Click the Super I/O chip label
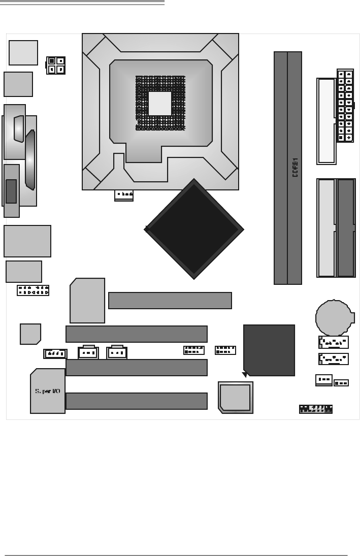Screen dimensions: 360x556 point(47,391)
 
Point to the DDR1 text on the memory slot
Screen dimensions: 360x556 point(295,167)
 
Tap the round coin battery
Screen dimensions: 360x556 point(333,317)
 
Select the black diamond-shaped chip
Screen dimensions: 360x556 point(194,229)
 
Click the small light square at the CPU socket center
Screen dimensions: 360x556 point(160,104)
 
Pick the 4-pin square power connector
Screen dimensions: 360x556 point(56,65)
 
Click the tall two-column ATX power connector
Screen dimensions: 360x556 point(345,106)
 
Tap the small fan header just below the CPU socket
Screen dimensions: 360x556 point(124,194)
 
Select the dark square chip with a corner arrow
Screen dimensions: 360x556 point(269,350)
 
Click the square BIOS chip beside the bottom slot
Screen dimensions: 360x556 point(235,397)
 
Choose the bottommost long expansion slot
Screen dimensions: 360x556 point(137,401)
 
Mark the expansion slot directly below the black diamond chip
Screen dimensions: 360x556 point(170,301)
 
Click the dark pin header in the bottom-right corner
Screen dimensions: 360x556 point(315,409)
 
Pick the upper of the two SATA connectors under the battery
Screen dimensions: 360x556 point(334,342)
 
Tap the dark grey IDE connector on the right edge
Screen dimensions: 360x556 point(346,227)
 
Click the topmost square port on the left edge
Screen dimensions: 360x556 point(23,53)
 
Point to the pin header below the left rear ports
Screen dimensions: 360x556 point(33,290)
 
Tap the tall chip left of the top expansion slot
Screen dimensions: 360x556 point(87,301)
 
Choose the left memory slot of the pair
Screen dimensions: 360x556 point(281,168)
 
